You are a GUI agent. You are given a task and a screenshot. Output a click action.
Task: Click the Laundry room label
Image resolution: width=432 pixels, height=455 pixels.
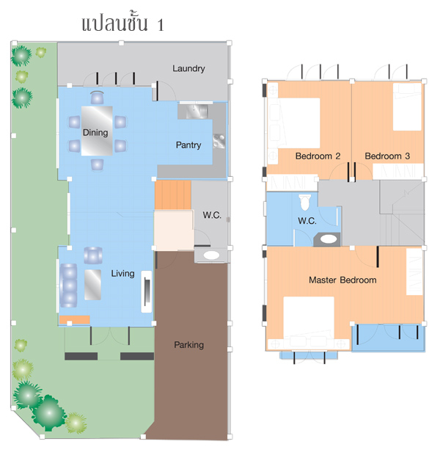tap(188, 69)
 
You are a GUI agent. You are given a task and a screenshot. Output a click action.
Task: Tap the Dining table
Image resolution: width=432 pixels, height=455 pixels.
tap(97, 131)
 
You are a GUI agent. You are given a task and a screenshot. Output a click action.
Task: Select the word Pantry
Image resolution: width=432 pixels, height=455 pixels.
tap(188, 145)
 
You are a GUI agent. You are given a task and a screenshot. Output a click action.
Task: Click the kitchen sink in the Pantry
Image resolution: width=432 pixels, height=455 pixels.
tap(196, 112)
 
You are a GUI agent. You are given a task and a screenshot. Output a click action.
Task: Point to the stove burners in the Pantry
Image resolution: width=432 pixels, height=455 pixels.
tap(219, 141)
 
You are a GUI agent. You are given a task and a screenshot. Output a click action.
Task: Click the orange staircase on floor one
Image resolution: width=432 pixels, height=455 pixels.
tap(173, 195)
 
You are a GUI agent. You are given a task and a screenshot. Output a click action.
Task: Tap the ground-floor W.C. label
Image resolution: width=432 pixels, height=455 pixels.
tap(212, 215)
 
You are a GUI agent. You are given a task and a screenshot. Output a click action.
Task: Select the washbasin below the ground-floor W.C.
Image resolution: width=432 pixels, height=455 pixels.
tap(211, 255)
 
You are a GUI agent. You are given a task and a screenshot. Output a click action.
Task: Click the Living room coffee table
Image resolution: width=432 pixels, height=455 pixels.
tap(92, 285)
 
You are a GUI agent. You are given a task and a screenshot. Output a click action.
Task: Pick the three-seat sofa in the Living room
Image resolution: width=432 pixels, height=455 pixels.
tap(69, 285)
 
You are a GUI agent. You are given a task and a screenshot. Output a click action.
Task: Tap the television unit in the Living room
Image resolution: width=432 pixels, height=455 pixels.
tap(147, 291)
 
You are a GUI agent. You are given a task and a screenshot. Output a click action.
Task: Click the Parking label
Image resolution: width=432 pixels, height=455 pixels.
tap(188, 345)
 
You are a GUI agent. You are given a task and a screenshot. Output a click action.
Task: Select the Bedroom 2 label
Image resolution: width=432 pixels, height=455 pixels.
tap(318, 156)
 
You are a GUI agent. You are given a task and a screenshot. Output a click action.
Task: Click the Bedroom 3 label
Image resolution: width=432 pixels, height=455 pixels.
tap(387, 156)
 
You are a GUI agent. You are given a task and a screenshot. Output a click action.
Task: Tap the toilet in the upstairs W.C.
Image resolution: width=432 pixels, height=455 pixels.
tap(304, 202)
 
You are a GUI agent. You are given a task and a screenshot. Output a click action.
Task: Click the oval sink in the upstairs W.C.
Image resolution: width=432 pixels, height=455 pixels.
tap(329, 239)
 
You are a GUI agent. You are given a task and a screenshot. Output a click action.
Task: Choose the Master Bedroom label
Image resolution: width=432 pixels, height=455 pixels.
tap(343, 280)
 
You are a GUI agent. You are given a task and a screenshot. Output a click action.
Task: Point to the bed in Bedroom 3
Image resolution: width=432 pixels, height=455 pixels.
tap(407, 106)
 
